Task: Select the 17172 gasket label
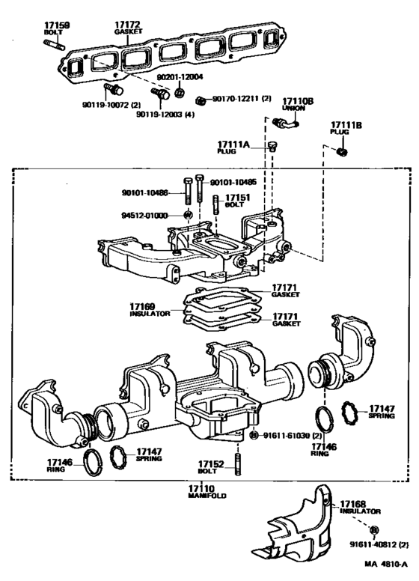click(x=128, y=25)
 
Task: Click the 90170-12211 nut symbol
click(x=201, y=100)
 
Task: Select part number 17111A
click(x=236, y=143)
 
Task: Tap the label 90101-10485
click(x=233, y=181)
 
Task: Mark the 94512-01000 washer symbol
click(x=186, y=216)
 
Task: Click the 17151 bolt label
click(x=239, y=198)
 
